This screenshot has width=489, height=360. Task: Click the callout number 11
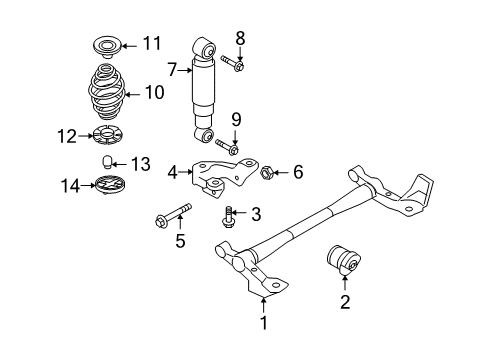pyautogui.click(x=151, y=43)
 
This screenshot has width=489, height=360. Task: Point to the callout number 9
pyautogui.click(x=238, y=118)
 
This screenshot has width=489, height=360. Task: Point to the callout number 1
pyautogui.click(x=264, y=323)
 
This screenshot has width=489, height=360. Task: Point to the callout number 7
pyautogui.click(x=172, y=70)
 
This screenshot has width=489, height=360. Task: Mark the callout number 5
pyautogui.click(x=180, y=240)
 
